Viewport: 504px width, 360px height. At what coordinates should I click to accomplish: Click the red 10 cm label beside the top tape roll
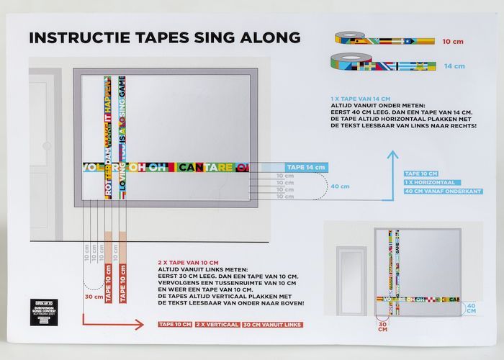pos(452,42)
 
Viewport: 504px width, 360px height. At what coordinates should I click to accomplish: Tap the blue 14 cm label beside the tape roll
pos(454,66)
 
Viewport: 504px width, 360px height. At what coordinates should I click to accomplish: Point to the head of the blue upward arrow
pos(392,155)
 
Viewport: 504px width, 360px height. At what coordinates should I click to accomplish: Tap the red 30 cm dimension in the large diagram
pos(94,296)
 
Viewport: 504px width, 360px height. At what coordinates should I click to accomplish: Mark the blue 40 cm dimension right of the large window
pos(340,186)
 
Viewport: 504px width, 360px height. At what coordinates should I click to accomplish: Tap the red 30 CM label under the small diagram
pos(382,328)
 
